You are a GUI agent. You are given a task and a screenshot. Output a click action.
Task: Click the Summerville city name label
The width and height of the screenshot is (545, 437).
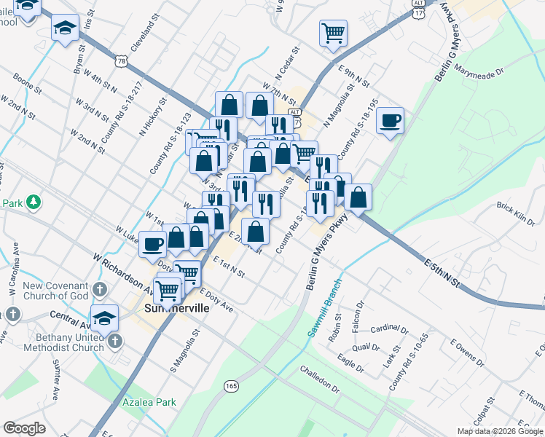[175, 308]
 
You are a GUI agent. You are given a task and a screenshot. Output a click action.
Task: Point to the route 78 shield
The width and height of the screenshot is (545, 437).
[121, 63]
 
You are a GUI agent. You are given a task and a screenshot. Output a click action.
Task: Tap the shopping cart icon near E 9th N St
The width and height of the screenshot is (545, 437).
[333, 32]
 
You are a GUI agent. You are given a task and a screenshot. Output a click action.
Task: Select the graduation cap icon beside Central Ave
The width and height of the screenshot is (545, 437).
[105, 317]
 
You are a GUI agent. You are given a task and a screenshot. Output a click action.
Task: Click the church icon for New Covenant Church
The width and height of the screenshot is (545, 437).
[100, 292]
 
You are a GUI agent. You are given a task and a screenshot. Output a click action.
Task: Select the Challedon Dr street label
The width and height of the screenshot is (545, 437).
[321, 379]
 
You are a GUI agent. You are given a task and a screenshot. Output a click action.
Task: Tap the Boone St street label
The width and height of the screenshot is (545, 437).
[28, 84]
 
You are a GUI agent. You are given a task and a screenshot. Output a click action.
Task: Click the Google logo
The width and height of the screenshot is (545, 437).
[24, 428]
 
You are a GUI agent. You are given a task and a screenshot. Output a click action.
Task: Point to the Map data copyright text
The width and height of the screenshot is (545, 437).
[500, 431]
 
